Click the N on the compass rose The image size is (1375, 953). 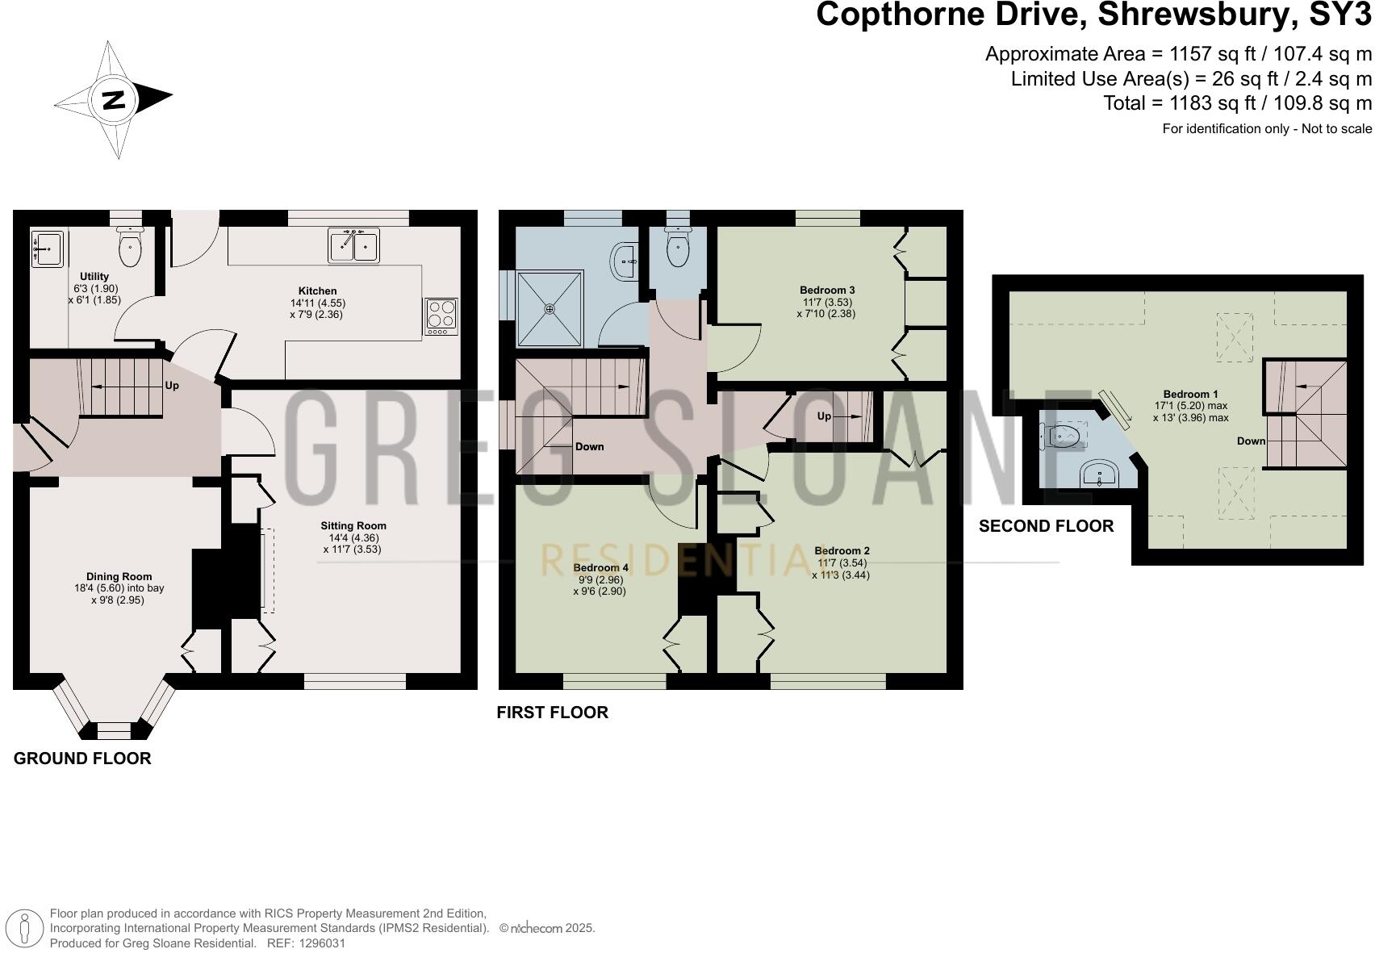114,100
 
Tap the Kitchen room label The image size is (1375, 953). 317,291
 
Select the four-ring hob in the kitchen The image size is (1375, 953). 441,317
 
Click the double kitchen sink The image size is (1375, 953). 353,245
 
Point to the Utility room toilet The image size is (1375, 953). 130,246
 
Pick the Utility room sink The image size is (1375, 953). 48,249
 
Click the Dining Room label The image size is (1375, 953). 119,577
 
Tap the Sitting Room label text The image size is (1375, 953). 353,525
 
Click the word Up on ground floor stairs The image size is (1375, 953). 172,386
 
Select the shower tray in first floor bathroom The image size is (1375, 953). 550,309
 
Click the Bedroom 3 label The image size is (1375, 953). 827,290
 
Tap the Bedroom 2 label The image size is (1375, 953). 842,551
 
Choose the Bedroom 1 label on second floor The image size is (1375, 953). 1190,395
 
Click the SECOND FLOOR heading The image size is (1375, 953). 1046,526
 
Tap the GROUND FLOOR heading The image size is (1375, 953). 82,759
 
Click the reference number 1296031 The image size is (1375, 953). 322,943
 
